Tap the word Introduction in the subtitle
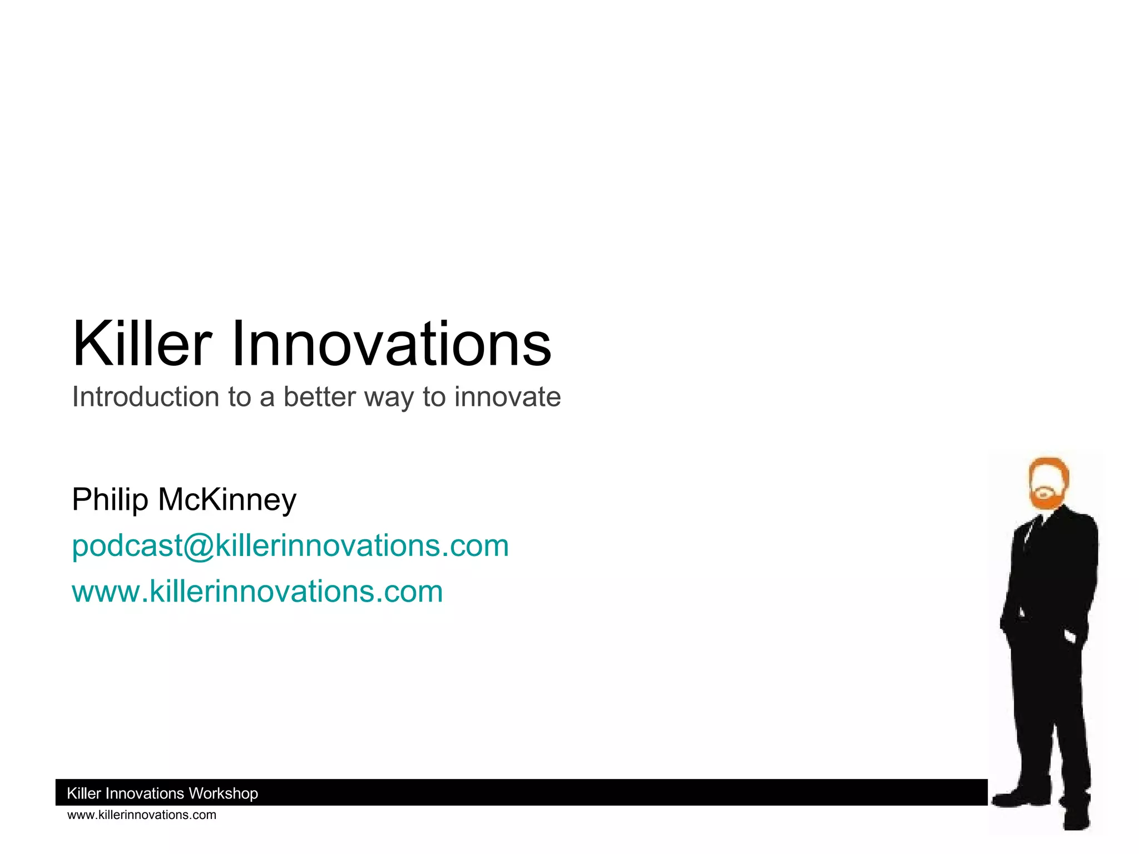point(146,397)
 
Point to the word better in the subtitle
point(319,397)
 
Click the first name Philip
point(110,500)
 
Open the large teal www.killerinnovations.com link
point(257,591)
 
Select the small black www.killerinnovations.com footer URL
point(141,815)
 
